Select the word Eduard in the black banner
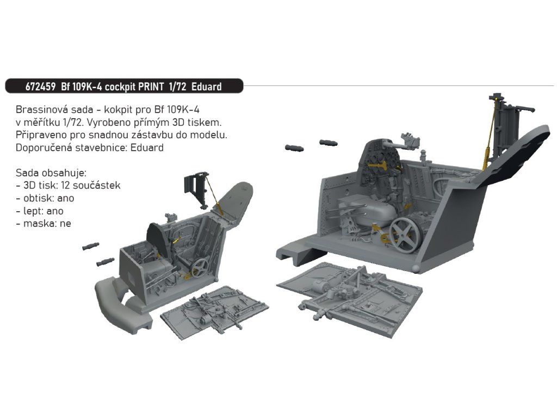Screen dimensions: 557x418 tap(206, 87)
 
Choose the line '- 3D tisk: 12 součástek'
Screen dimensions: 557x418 tap(68, 185)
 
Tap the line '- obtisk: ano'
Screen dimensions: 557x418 tap(45, 198)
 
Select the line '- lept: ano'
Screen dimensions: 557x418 tap(40, 211)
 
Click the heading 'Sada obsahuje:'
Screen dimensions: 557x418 tap(51, 173)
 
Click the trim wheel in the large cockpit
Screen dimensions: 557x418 tap(405, 235)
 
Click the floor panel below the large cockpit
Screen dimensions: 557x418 tap(350, 297)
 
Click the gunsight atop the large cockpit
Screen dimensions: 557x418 tap(411, 140)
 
